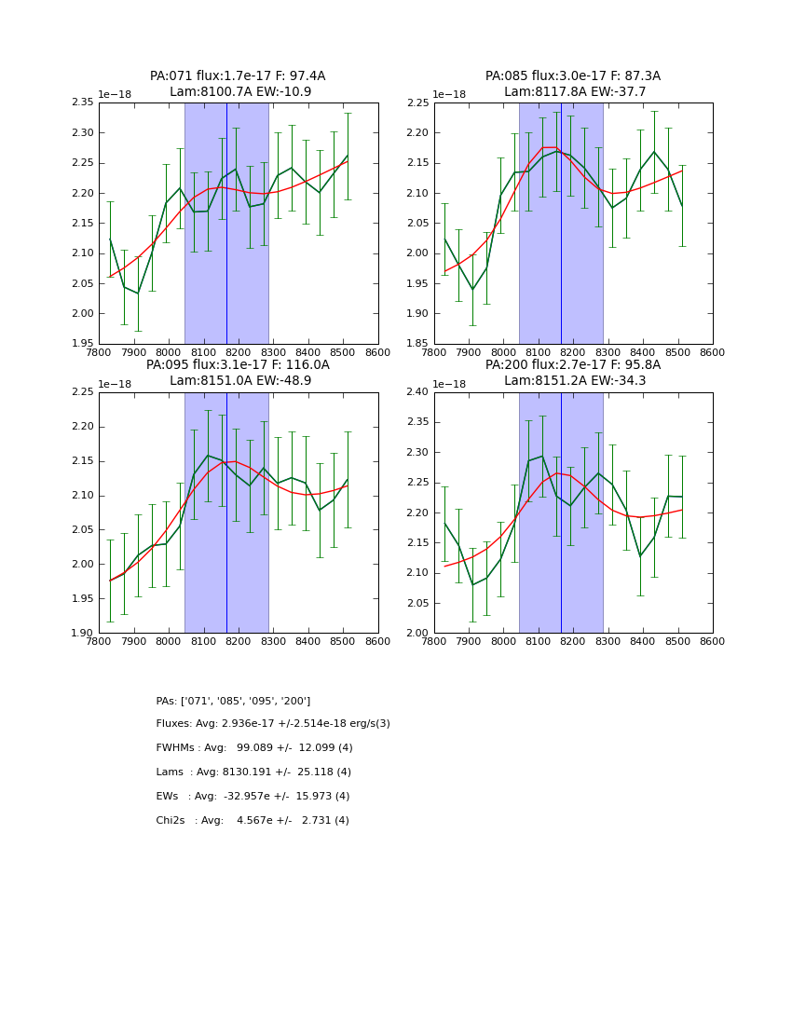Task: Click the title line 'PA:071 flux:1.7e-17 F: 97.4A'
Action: click(x=238, y=76)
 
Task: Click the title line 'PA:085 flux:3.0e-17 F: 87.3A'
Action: click(x=572, y=76)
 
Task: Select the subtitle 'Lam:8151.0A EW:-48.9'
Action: click(x=238, y=380)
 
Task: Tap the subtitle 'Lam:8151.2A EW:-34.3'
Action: click(x=572, y=380)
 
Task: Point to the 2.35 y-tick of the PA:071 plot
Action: click(x=84, y=102)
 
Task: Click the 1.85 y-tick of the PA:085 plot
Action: click(x=418, y=344)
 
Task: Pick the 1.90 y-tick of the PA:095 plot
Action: click(x=84, y=634)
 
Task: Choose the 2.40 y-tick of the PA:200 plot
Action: click(x=418, y=392)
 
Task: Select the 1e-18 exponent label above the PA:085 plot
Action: click(x=450, y=94)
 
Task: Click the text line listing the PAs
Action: click(x=233, y=701)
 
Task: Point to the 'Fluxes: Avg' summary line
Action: click(x=273, y=724)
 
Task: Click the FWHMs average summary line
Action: click(x=254, y=748)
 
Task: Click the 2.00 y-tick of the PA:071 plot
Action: click(x=84, y=314)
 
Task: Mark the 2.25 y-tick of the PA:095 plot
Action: click(x=84, y=392)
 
